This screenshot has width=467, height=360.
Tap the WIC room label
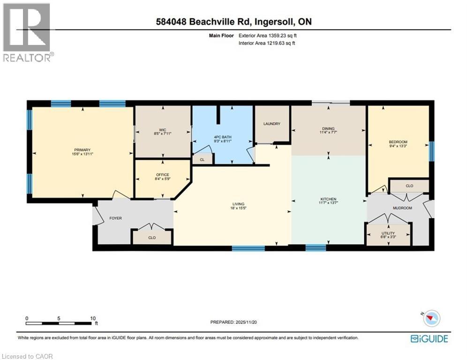pos(163,129)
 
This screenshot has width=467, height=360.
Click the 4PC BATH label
pos(222,137)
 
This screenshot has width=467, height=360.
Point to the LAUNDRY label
pos(272,124)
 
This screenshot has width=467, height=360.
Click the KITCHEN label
pos(328,199)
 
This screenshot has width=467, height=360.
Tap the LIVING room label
pos(238,204)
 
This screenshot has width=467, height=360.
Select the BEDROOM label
pos(398,142)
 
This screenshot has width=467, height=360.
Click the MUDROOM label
pos(402,208)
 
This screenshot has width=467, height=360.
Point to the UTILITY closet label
pos(388,233)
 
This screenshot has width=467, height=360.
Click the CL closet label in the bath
pos(202,159)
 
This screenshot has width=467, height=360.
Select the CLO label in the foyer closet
pos(152,238)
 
